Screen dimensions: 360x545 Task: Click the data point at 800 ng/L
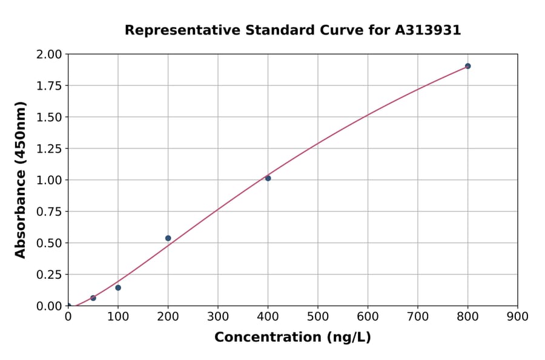pyautogui.click(x=467, y=66)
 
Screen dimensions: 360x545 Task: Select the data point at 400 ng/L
pyautogui.click(x=268, y=178)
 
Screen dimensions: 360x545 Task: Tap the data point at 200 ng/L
pyautogui.click(x=168, y=238)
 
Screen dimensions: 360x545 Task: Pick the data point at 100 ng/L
pyautogui.click(x=118, y=288)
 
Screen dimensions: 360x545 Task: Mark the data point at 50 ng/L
pyautogui.click(x=93, y=298)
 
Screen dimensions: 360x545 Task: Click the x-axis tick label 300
pyautogui.click(x=217, y=316)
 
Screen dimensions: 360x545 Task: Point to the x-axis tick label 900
pyautogui.click(x=517, y=316)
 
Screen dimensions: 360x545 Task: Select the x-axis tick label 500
pyautogui.click(x=317, y=316)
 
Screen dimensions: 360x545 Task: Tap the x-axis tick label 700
pyautogui.click(x=417, y=316)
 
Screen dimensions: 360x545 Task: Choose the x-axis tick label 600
pyautogui.click(x=368, y=316)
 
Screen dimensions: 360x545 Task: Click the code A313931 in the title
pyautogui.click(x=428, y=30)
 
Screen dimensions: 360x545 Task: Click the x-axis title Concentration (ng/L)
pyautogui.click(x=292, y=338)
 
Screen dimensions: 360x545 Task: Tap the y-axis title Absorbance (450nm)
pyautogui.click(x=21, y=180)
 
